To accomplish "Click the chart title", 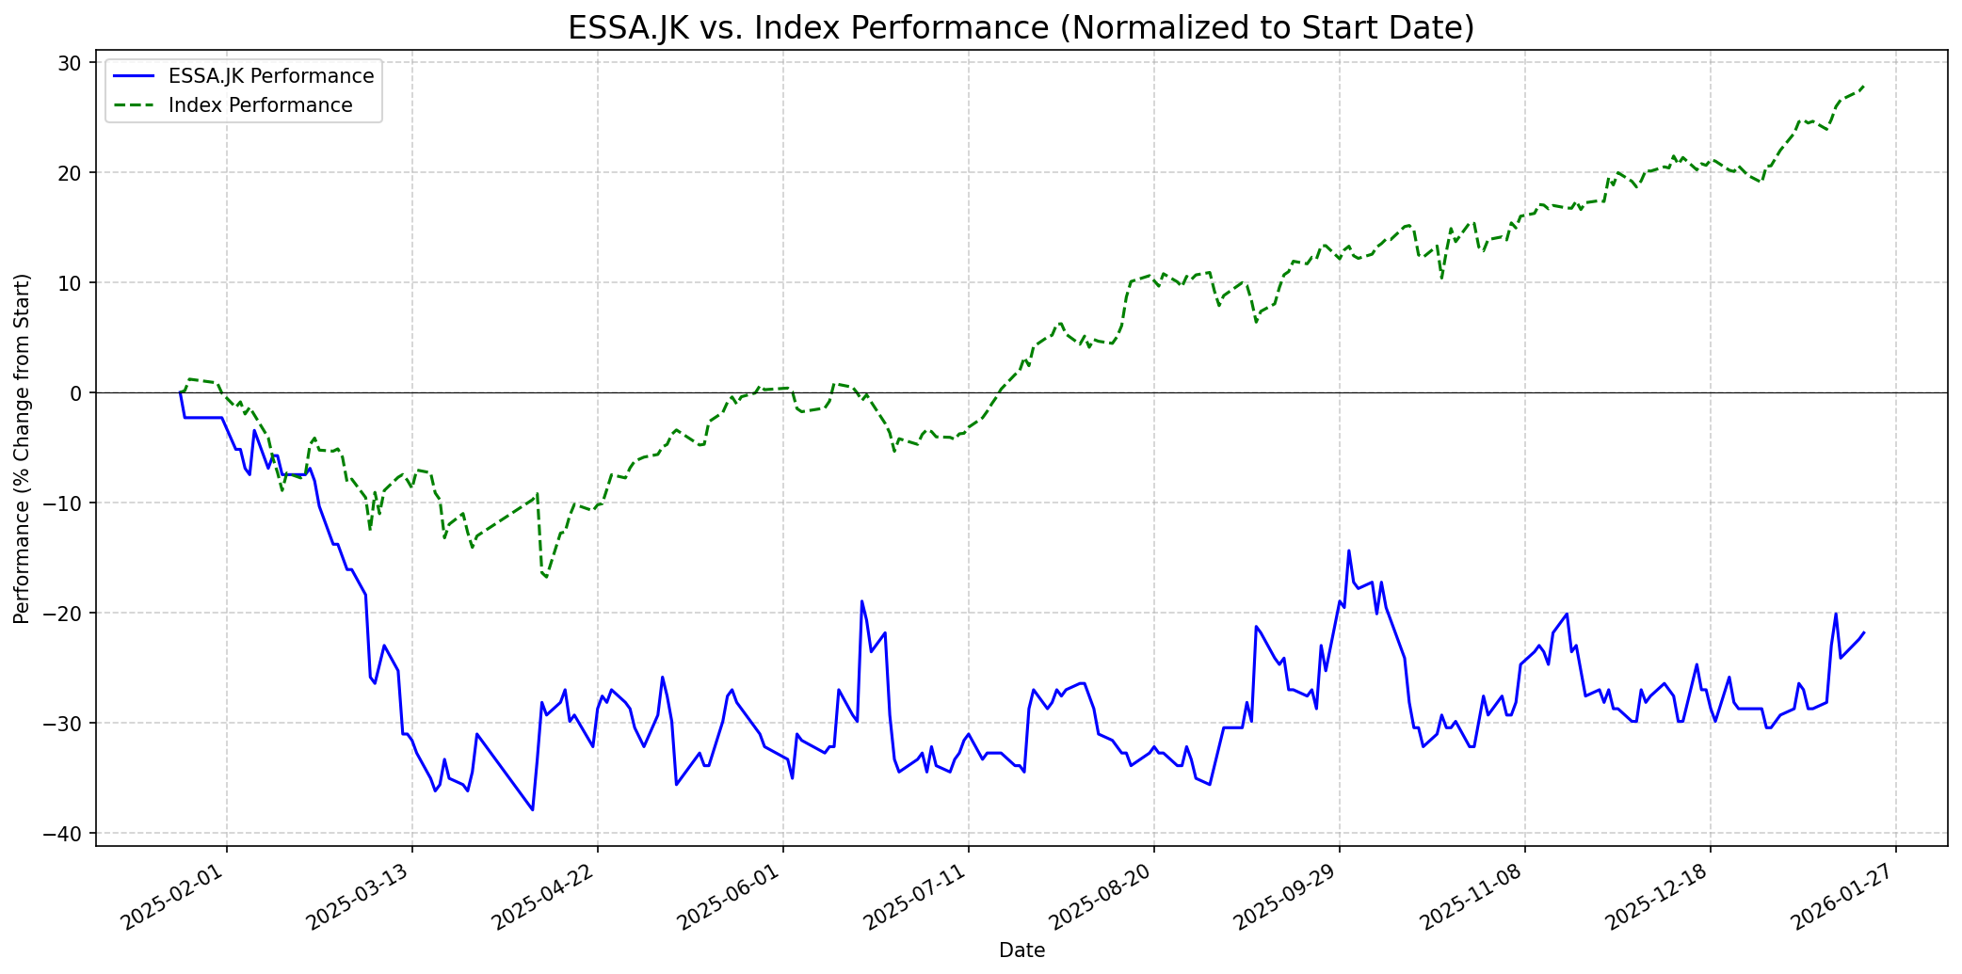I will tap(1021, 28).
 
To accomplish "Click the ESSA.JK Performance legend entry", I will tap(270, 76).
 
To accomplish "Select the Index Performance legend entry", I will tap(260, 105).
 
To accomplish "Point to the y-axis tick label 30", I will tap(72, 63).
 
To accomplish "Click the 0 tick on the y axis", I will tap(77, 392).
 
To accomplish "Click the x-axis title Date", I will tap(1021, 950).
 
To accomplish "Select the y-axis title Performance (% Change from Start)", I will tap(22, 448).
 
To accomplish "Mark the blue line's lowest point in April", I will tap(533, 809).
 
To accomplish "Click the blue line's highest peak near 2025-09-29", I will tap(1348, 551).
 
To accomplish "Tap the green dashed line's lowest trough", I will tap(546, 577).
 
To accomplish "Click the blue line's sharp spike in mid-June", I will tap(861, 600).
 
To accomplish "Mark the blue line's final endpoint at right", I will tap(1863, 632).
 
